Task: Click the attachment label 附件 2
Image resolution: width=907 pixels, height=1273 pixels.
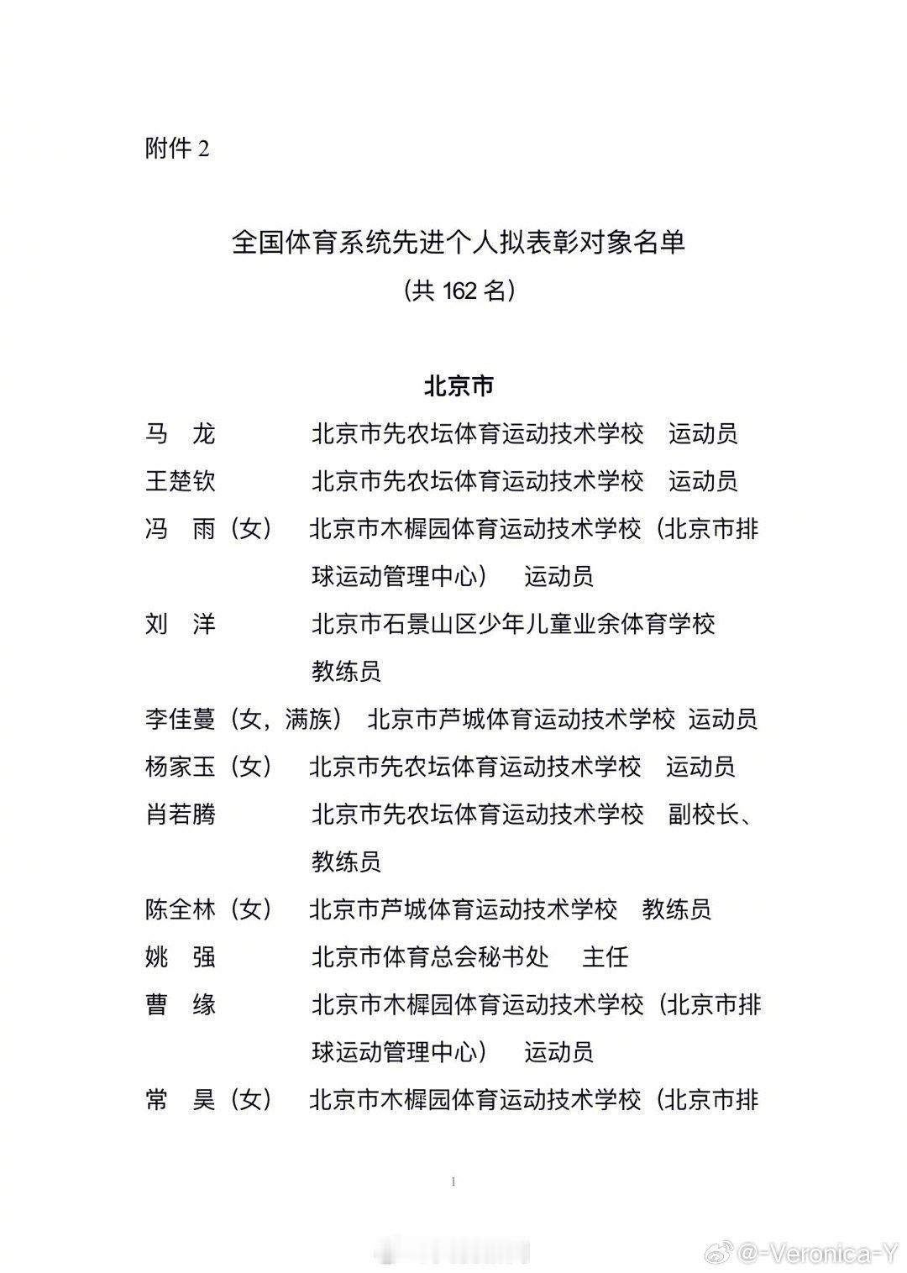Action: (177, 149)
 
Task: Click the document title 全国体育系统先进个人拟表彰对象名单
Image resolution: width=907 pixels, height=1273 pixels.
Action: (459, 242)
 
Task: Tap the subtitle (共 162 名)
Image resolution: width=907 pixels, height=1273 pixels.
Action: (459, 290)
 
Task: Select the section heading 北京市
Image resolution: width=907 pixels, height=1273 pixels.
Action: (459, 386)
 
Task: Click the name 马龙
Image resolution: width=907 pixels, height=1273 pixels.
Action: (181, 433)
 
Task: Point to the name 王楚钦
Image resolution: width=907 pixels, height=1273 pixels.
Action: (181, 481)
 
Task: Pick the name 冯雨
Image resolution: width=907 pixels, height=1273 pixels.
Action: (181, 529)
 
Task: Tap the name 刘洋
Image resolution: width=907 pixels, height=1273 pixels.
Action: (181, 624)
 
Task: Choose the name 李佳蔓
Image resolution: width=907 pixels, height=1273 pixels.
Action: (181, 719)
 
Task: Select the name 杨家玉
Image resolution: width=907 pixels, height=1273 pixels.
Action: (181, 767)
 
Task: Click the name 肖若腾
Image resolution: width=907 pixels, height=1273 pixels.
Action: (181, 815)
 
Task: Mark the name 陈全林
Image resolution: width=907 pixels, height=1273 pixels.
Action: (181, 909)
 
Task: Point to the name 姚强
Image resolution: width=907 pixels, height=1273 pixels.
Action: (181, 956)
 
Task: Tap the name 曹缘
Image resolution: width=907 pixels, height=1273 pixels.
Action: (181, 1004)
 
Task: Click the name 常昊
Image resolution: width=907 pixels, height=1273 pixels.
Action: (181, 1099)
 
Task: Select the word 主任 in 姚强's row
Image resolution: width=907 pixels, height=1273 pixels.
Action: (606, 956)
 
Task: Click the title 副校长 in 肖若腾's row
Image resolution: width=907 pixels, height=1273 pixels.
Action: (703, 815)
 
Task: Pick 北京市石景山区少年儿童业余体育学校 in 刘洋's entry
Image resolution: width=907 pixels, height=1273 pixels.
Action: (513, 624)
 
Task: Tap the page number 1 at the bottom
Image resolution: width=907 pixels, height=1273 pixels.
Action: (453, 1181)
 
